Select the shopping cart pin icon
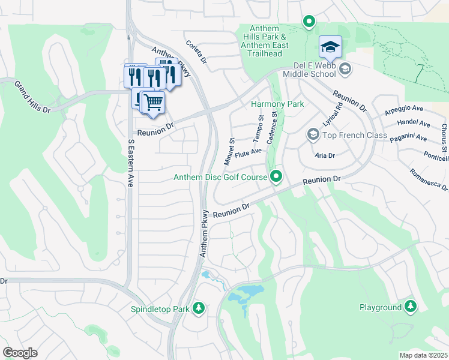tap(153, 103)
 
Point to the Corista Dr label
tap(196, 53)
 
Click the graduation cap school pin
tap(330, 47)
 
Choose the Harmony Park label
tap(277, 104)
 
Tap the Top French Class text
tap(354, 135)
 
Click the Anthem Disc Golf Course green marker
tap(276, 176)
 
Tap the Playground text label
tap(381, 307)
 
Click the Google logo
tap(20, 353)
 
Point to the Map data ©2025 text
tap(423, 355)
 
